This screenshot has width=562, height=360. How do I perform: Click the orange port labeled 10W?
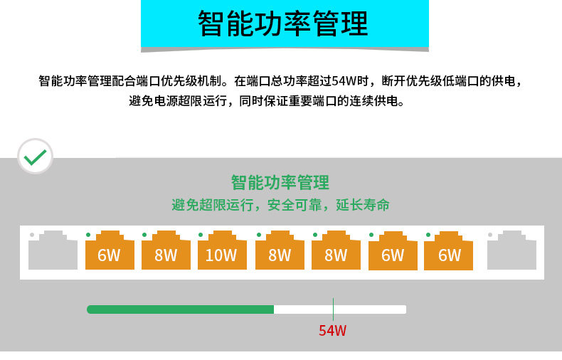[222, 250]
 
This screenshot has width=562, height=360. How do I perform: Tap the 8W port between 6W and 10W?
[166, 250]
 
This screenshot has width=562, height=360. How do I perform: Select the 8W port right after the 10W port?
[280, 250]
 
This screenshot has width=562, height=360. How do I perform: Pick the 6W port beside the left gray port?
[110, 250]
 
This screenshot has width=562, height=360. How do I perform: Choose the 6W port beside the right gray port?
[448, 250]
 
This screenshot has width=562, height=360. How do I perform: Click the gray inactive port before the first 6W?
[53, 250]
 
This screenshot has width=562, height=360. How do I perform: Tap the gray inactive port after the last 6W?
[511, 250]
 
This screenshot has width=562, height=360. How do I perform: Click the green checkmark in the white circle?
[35, 157]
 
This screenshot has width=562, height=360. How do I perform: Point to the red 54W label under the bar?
[333, 331]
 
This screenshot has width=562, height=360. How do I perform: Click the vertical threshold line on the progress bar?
[334, 309]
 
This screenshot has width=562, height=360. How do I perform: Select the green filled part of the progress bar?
[180, 309]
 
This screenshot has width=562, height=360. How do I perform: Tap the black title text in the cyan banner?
[283, 23]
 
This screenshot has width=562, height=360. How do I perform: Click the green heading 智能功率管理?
[280, 183]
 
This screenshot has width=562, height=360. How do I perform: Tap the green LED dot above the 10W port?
[201, 235]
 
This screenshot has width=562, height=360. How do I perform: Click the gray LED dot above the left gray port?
[32, 235]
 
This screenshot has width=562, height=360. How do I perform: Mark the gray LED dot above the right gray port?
[490, 235]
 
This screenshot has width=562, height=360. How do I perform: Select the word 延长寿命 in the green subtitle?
[363, 205]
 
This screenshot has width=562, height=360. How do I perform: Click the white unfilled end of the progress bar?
[340, 309]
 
